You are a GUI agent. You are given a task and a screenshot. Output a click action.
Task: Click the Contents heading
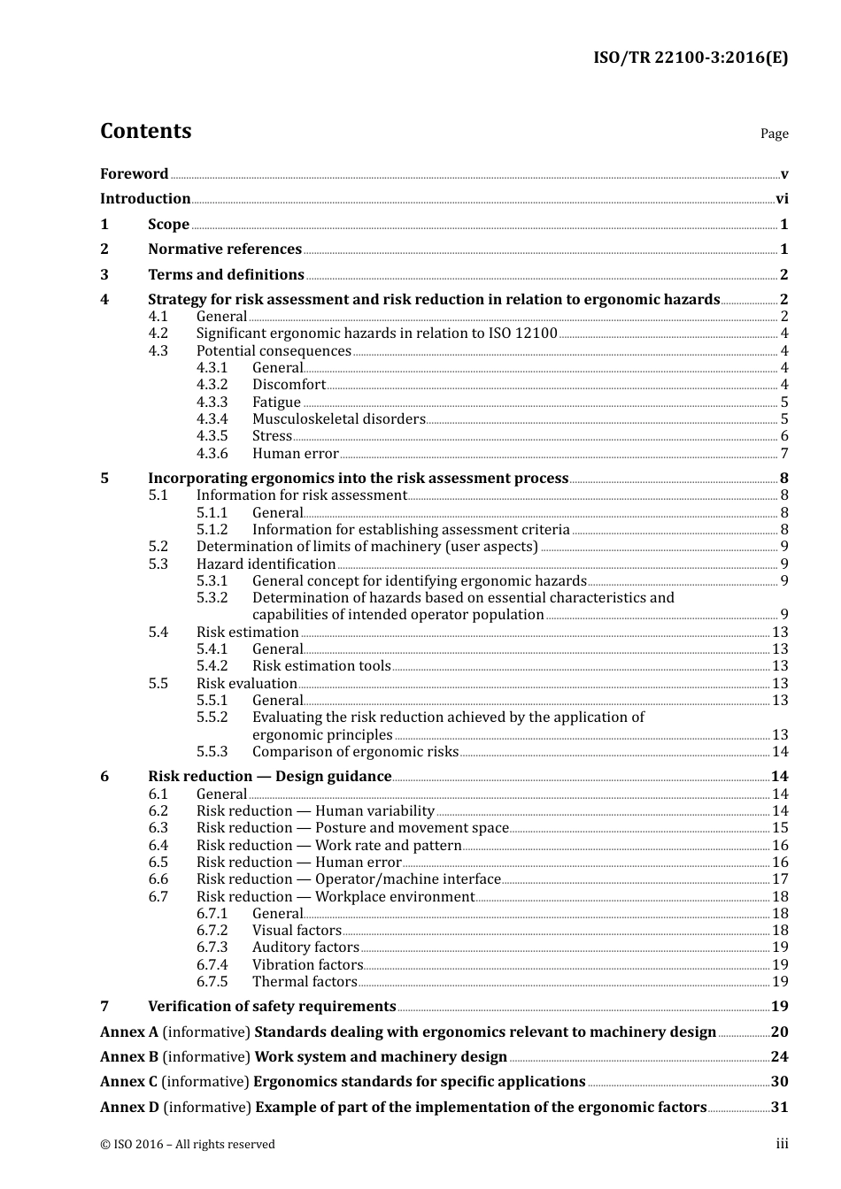click(x=145, y=131)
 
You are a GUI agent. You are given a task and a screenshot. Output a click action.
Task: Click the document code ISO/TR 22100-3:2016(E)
click(x=690, y=58)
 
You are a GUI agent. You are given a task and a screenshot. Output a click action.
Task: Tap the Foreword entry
click(x=134, y=174)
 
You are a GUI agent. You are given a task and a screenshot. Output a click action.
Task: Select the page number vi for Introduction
click(x=782, y=199)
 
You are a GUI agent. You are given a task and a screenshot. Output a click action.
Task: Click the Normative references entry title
click(x=225, y=249)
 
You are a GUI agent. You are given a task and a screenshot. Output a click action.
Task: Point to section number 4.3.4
click(x=212, y=419)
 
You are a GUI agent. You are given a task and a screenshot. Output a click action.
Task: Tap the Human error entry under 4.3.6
click(x=295, y=454)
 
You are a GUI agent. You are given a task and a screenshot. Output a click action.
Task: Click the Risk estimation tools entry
click(x=321, y=666)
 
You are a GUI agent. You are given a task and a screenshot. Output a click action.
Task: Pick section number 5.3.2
click(x=212, y=598)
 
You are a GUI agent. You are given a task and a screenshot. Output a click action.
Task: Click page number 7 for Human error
click(x=784, y=454)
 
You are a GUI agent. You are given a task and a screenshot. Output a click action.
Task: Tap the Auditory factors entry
click(x=305, y=947)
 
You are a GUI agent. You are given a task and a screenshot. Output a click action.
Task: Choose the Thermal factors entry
click(x=305, y=982)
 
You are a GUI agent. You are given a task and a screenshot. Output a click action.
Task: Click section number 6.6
click(x=158, y=879)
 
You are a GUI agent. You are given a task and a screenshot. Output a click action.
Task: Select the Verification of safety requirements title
click(x=272, y=1007)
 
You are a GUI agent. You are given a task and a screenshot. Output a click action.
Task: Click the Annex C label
click(x=128, y=1082)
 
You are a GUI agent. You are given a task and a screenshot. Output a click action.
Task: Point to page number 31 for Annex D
click(x=779, y=1108)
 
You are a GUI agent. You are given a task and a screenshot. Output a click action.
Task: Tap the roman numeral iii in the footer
click(x=783, y=1144)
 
